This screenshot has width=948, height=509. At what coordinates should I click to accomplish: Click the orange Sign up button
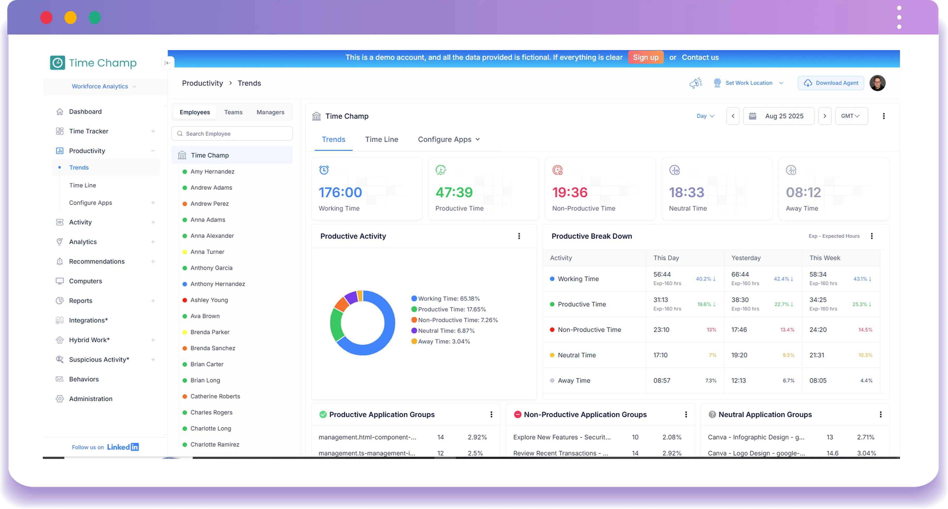click(645, 57)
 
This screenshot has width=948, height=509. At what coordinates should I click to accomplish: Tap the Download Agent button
click(831, 83)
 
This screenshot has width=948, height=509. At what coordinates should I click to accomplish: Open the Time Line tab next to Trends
click(381, 140)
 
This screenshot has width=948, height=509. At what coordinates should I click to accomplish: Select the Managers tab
click(270, 112)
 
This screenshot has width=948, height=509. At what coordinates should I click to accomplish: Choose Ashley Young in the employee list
click(209, 300)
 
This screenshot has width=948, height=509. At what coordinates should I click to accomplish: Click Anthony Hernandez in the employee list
click(217, 284)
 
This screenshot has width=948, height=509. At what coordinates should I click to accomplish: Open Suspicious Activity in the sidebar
click(99, 360)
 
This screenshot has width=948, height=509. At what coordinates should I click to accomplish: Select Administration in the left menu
click(91, 399)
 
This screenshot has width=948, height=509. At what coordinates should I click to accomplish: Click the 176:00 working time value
click(340, 192)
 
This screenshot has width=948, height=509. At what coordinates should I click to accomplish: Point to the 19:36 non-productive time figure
click(570, 192)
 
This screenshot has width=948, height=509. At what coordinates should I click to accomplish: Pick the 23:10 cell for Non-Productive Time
click(661, 330)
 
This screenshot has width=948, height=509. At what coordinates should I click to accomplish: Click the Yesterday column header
click(746, 258)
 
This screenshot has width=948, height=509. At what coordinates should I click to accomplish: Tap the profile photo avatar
click(877, 83)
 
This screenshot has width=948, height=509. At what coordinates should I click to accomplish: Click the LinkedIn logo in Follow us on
click(123, 447)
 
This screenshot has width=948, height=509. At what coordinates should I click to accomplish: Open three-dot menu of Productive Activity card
click(519, 236)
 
